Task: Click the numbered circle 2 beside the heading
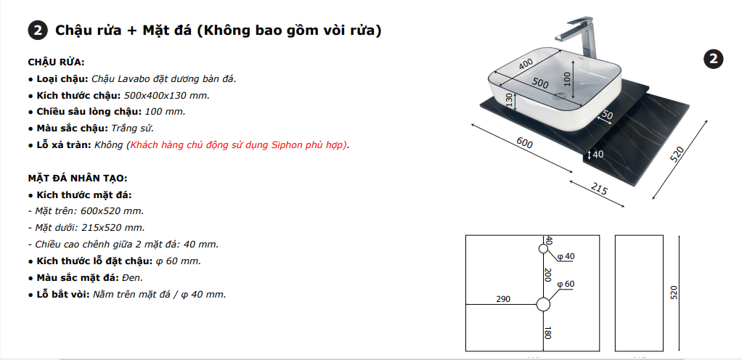point(38,30)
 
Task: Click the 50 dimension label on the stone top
point(607,115)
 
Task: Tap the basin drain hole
point(559,97)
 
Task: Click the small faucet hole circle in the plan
point(543,249)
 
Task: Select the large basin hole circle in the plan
point(543,305)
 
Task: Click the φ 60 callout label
point(566,284)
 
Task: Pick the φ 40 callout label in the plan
point(566,256)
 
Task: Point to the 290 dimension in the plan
point(503,299)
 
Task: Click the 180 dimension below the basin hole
point(548,332)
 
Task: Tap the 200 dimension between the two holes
point(548,275)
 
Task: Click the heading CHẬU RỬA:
point(57,62)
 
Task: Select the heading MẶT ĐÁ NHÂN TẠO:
point(78,179)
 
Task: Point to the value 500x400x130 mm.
point(166,96)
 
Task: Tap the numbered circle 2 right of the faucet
point(713,59)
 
